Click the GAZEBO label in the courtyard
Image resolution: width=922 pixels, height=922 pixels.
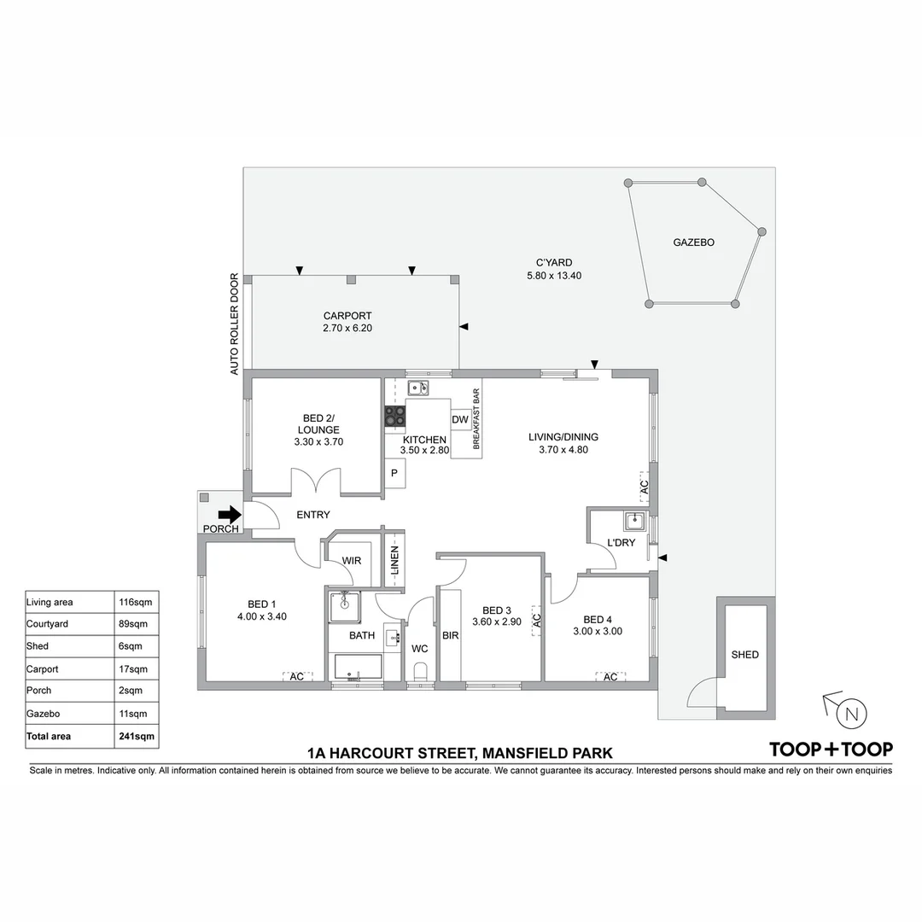point(693,242)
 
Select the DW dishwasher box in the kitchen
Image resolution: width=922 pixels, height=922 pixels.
point(460,419)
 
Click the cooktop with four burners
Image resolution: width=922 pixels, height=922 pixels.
point(394,416)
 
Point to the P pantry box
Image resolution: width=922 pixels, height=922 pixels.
point(394,473)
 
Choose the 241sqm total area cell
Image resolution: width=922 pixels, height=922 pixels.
point(136,736)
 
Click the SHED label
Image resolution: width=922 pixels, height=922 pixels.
point(744,655)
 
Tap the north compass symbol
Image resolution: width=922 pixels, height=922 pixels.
point(849,713)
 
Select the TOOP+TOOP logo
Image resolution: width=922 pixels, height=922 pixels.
point(831,750)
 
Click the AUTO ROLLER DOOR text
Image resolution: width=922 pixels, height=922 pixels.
point(234,324)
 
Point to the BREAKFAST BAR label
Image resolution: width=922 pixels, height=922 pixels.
point(476,419)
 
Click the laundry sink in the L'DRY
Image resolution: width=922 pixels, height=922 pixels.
point(633,521)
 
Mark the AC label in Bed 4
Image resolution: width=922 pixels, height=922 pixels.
point(610,677)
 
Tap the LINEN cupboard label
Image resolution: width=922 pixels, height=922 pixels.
point(395,564)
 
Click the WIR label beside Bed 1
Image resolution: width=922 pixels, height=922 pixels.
point(352,561)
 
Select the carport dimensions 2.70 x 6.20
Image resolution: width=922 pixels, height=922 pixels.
point(347,328)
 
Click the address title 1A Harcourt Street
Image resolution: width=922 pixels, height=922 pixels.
point(460,753)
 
